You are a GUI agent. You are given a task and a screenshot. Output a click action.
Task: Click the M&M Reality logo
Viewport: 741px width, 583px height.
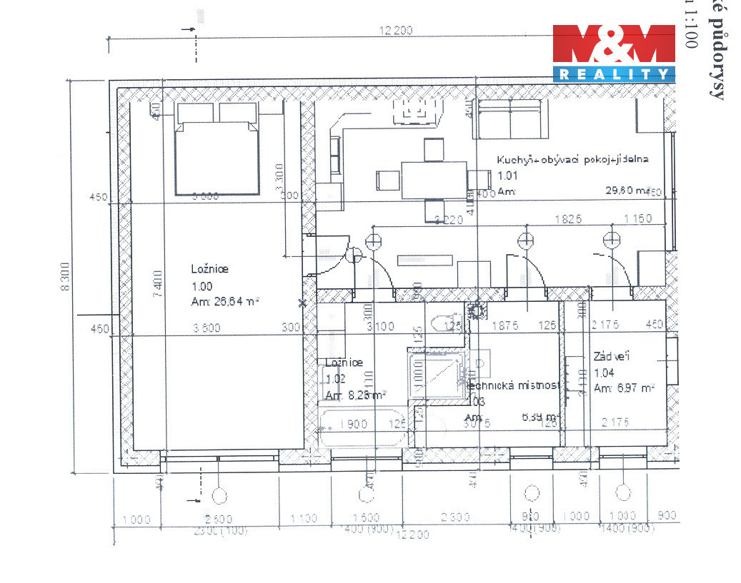614,53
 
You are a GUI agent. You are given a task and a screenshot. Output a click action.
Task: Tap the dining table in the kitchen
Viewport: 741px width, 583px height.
434,179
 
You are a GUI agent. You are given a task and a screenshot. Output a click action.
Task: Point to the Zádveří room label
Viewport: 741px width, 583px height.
611,357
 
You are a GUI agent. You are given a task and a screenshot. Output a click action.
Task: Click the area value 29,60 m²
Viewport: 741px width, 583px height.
625,191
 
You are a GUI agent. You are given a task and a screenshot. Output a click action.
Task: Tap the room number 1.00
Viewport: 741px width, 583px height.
202,286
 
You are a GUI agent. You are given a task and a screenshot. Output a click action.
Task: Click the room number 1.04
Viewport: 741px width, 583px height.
605,372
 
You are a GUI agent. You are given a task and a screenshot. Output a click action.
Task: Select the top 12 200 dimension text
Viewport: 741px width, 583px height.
398,31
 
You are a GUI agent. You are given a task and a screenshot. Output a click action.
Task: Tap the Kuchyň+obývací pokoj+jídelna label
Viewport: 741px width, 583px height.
572,160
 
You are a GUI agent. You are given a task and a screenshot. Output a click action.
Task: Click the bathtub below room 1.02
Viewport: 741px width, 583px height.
361,427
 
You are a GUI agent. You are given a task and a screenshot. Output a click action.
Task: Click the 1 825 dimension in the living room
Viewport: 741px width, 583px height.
568,219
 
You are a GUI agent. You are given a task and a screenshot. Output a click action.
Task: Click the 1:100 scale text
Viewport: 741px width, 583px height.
690,32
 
